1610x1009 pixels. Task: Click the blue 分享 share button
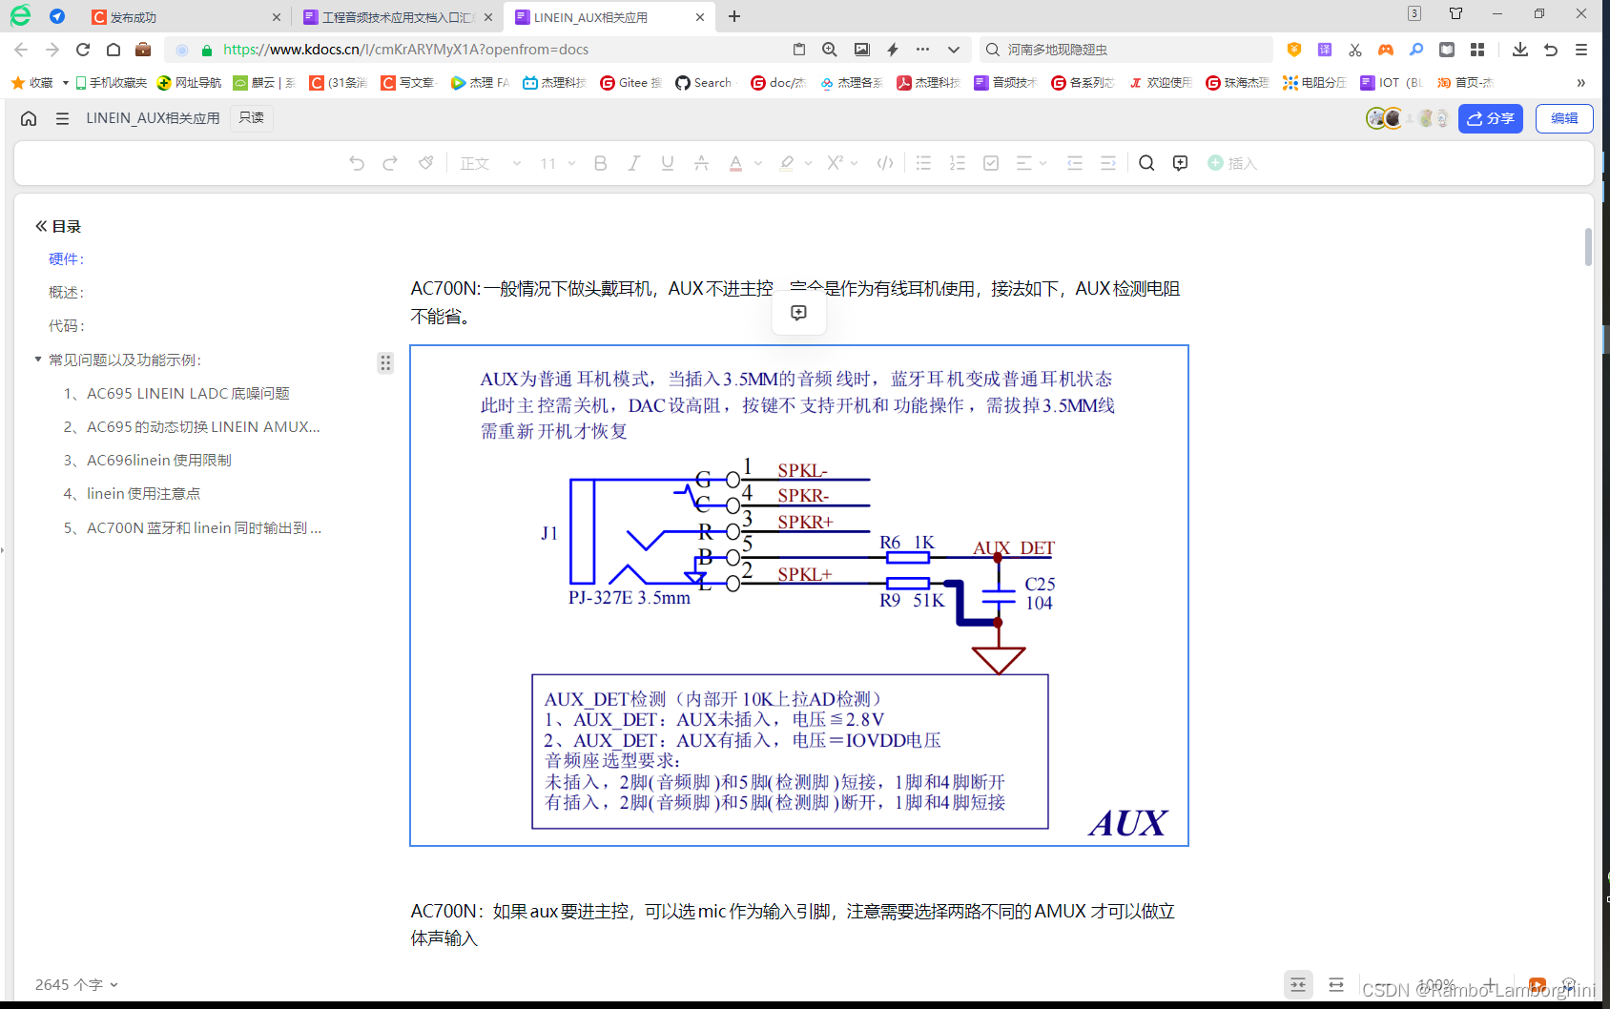click(x=1490, y=118)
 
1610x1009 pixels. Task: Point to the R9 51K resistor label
click(x=911, y=600)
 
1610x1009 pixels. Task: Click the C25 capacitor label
click(x=1040, y=584)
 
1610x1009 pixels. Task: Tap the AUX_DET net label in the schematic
click(x=1013, y=548)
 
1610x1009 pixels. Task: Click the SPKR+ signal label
click(x=805, y=522)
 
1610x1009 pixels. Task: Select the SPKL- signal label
click(x=802, y=470)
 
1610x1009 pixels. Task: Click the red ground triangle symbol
click(x=998, y=659)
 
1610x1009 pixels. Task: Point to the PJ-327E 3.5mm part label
click(x=629, y=598)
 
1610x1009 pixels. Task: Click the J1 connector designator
click(x=549, y=533)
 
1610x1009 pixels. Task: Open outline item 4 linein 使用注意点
click(x=143, y=494)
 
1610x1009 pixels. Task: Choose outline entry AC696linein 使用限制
click(x=158, y=461)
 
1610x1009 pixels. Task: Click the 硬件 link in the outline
click(x=66, y=259)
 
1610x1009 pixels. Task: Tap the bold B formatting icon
click(x=600, y=163)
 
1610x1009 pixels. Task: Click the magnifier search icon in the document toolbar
click(x=1146, y=163)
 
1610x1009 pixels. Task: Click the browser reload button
click(x=83, y=50)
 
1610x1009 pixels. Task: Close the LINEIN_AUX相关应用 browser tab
click(x=700, y=17)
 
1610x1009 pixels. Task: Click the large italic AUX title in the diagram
click(x=1127, y=823)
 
